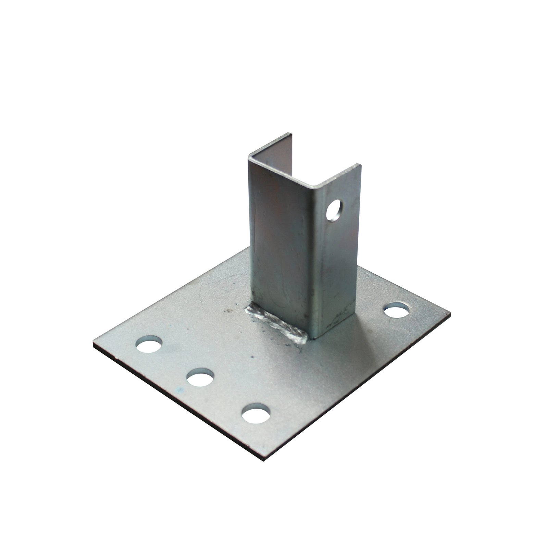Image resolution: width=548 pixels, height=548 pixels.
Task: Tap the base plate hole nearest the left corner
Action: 149,344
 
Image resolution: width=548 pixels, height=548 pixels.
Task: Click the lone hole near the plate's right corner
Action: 397,311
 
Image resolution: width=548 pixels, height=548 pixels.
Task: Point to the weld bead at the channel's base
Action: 276,323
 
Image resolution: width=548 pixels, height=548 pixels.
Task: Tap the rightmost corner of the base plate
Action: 449,312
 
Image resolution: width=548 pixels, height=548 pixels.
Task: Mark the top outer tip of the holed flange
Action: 361,165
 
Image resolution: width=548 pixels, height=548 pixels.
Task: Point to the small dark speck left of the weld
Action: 226,311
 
